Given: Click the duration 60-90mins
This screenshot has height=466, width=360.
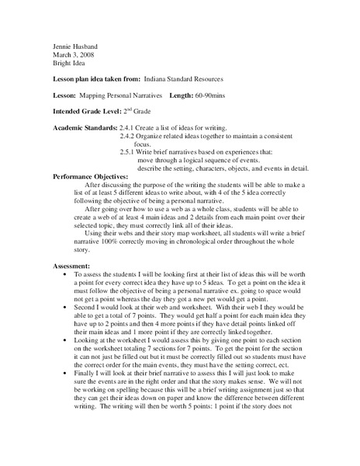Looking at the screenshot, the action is (245, 94).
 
